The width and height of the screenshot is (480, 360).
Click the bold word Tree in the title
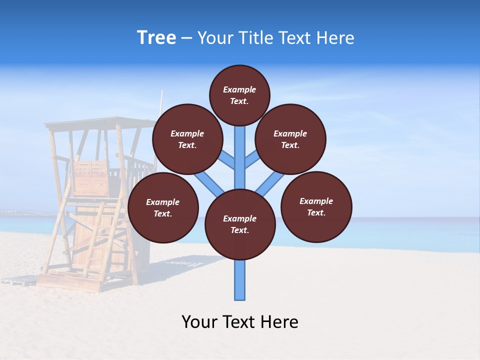pos(156,38)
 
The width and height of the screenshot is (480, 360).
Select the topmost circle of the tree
pos(239,95)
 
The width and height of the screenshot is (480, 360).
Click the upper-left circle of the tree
pos(187,139)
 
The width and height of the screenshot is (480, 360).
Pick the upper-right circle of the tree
pos(290,139)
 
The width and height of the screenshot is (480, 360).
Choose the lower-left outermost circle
pos(163,207)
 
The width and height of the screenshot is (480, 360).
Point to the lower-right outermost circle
pos(316,206)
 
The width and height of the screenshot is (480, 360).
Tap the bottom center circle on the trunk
pos(240,224)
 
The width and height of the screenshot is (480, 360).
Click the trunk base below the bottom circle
pos(240,280)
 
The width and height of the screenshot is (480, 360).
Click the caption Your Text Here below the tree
pos(240,322)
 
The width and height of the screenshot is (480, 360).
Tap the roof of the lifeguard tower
pos(100,123)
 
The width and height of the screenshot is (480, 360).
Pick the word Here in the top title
pos(334,38)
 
